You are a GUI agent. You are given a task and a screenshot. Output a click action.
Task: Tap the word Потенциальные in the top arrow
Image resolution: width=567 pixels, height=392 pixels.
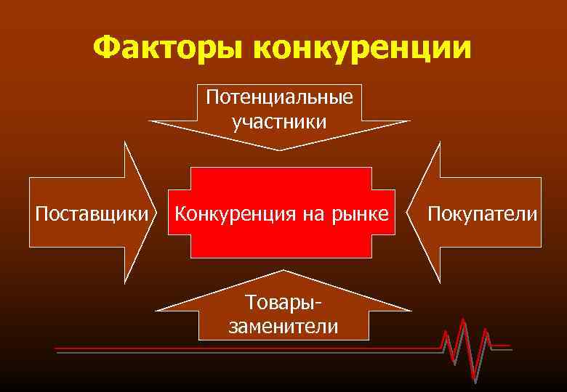point(280,97)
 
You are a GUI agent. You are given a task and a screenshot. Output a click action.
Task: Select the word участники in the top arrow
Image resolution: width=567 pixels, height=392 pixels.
point(280,121)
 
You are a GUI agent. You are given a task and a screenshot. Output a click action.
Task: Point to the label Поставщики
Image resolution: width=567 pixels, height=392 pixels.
point(87,213)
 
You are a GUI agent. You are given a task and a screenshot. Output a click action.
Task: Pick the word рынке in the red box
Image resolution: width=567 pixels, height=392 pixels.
point(361,213)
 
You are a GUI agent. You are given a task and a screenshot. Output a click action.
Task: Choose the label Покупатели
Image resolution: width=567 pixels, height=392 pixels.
point(483,213)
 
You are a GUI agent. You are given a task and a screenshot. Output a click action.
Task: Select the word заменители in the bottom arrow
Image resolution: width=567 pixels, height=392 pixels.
point(283,327)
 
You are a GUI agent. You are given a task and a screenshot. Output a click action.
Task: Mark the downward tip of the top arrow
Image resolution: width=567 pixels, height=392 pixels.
point(280,149)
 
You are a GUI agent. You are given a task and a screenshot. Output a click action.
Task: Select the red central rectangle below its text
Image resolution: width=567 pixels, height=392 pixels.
point(281,243)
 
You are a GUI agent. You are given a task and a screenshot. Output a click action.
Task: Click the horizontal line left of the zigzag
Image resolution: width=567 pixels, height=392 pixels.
point(247,349)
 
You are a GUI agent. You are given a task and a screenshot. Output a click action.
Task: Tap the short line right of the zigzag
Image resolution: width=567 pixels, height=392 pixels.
point(502,346)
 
